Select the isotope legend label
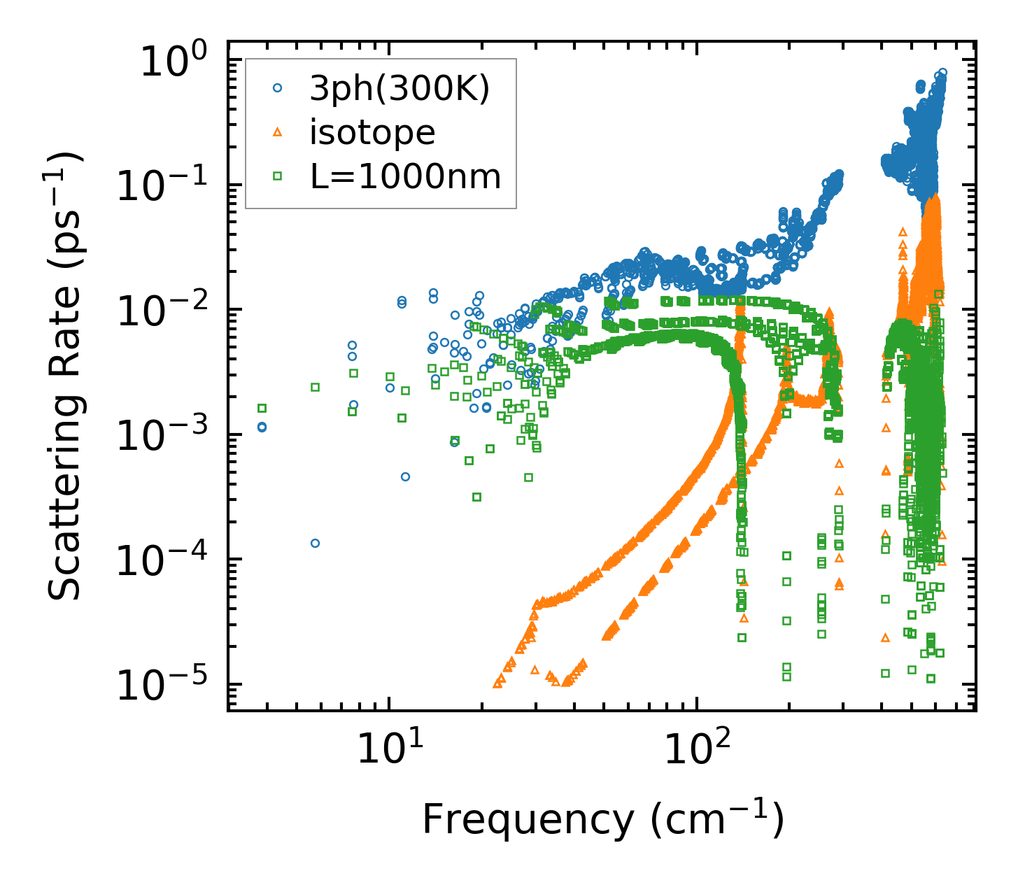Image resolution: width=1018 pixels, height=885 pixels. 372,133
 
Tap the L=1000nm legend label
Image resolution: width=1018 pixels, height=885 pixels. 406,177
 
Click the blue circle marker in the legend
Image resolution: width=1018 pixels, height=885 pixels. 278,88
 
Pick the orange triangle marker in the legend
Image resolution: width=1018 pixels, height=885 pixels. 278,132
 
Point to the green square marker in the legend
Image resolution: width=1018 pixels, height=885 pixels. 278,176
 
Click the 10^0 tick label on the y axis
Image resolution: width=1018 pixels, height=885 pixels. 170,61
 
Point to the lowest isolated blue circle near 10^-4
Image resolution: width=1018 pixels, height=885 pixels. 315,543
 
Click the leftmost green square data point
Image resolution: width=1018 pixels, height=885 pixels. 262,408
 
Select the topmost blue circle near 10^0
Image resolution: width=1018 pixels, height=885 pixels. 942,72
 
